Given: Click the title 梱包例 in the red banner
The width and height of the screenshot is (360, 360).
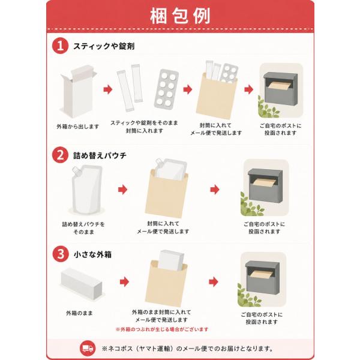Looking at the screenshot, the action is (180, 16).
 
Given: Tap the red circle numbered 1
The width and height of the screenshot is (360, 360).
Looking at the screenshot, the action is (60, 46).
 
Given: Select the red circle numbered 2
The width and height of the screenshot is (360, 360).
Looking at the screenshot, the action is (60, 155).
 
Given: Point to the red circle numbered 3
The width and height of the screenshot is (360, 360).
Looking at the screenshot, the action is (61, 254).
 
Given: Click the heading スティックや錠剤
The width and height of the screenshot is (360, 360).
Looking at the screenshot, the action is (104, 46).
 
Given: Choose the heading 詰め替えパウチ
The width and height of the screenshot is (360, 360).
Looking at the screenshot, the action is (100, 155).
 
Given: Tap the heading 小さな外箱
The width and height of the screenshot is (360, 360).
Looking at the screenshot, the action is (93, 254).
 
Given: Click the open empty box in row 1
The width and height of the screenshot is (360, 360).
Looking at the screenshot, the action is (78, 92).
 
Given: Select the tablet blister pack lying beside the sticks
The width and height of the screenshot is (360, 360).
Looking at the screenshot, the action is (166, 89).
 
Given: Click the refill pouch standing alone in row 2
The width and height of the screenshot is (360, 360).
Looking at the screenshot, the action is (87, 189).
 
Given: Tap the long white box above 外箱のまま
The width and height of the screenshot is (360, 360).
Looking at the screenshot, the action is (81, 284).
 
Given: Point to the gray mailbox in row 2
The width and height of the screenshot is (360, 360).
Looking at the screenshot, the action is (265, 185).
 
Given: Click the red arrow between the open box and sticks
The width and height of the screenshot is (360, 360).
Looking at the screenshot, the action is (107, 89).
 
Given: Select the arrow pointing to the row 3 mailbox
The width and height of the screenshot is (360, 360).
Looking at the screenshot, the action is (214, 282).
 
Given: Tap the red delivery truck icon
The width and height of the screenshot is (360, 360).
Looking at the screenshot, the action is (88, 348).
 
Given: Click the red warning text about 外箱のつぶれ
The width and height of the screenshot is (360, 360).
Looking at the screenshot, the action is (162, 329).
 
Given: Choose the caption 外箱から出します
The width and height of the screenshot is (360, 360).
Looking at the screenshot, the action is (78, 126).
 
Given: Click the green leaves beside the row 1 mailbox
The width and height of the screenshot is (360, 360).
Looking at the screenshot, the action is (267, 107).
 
